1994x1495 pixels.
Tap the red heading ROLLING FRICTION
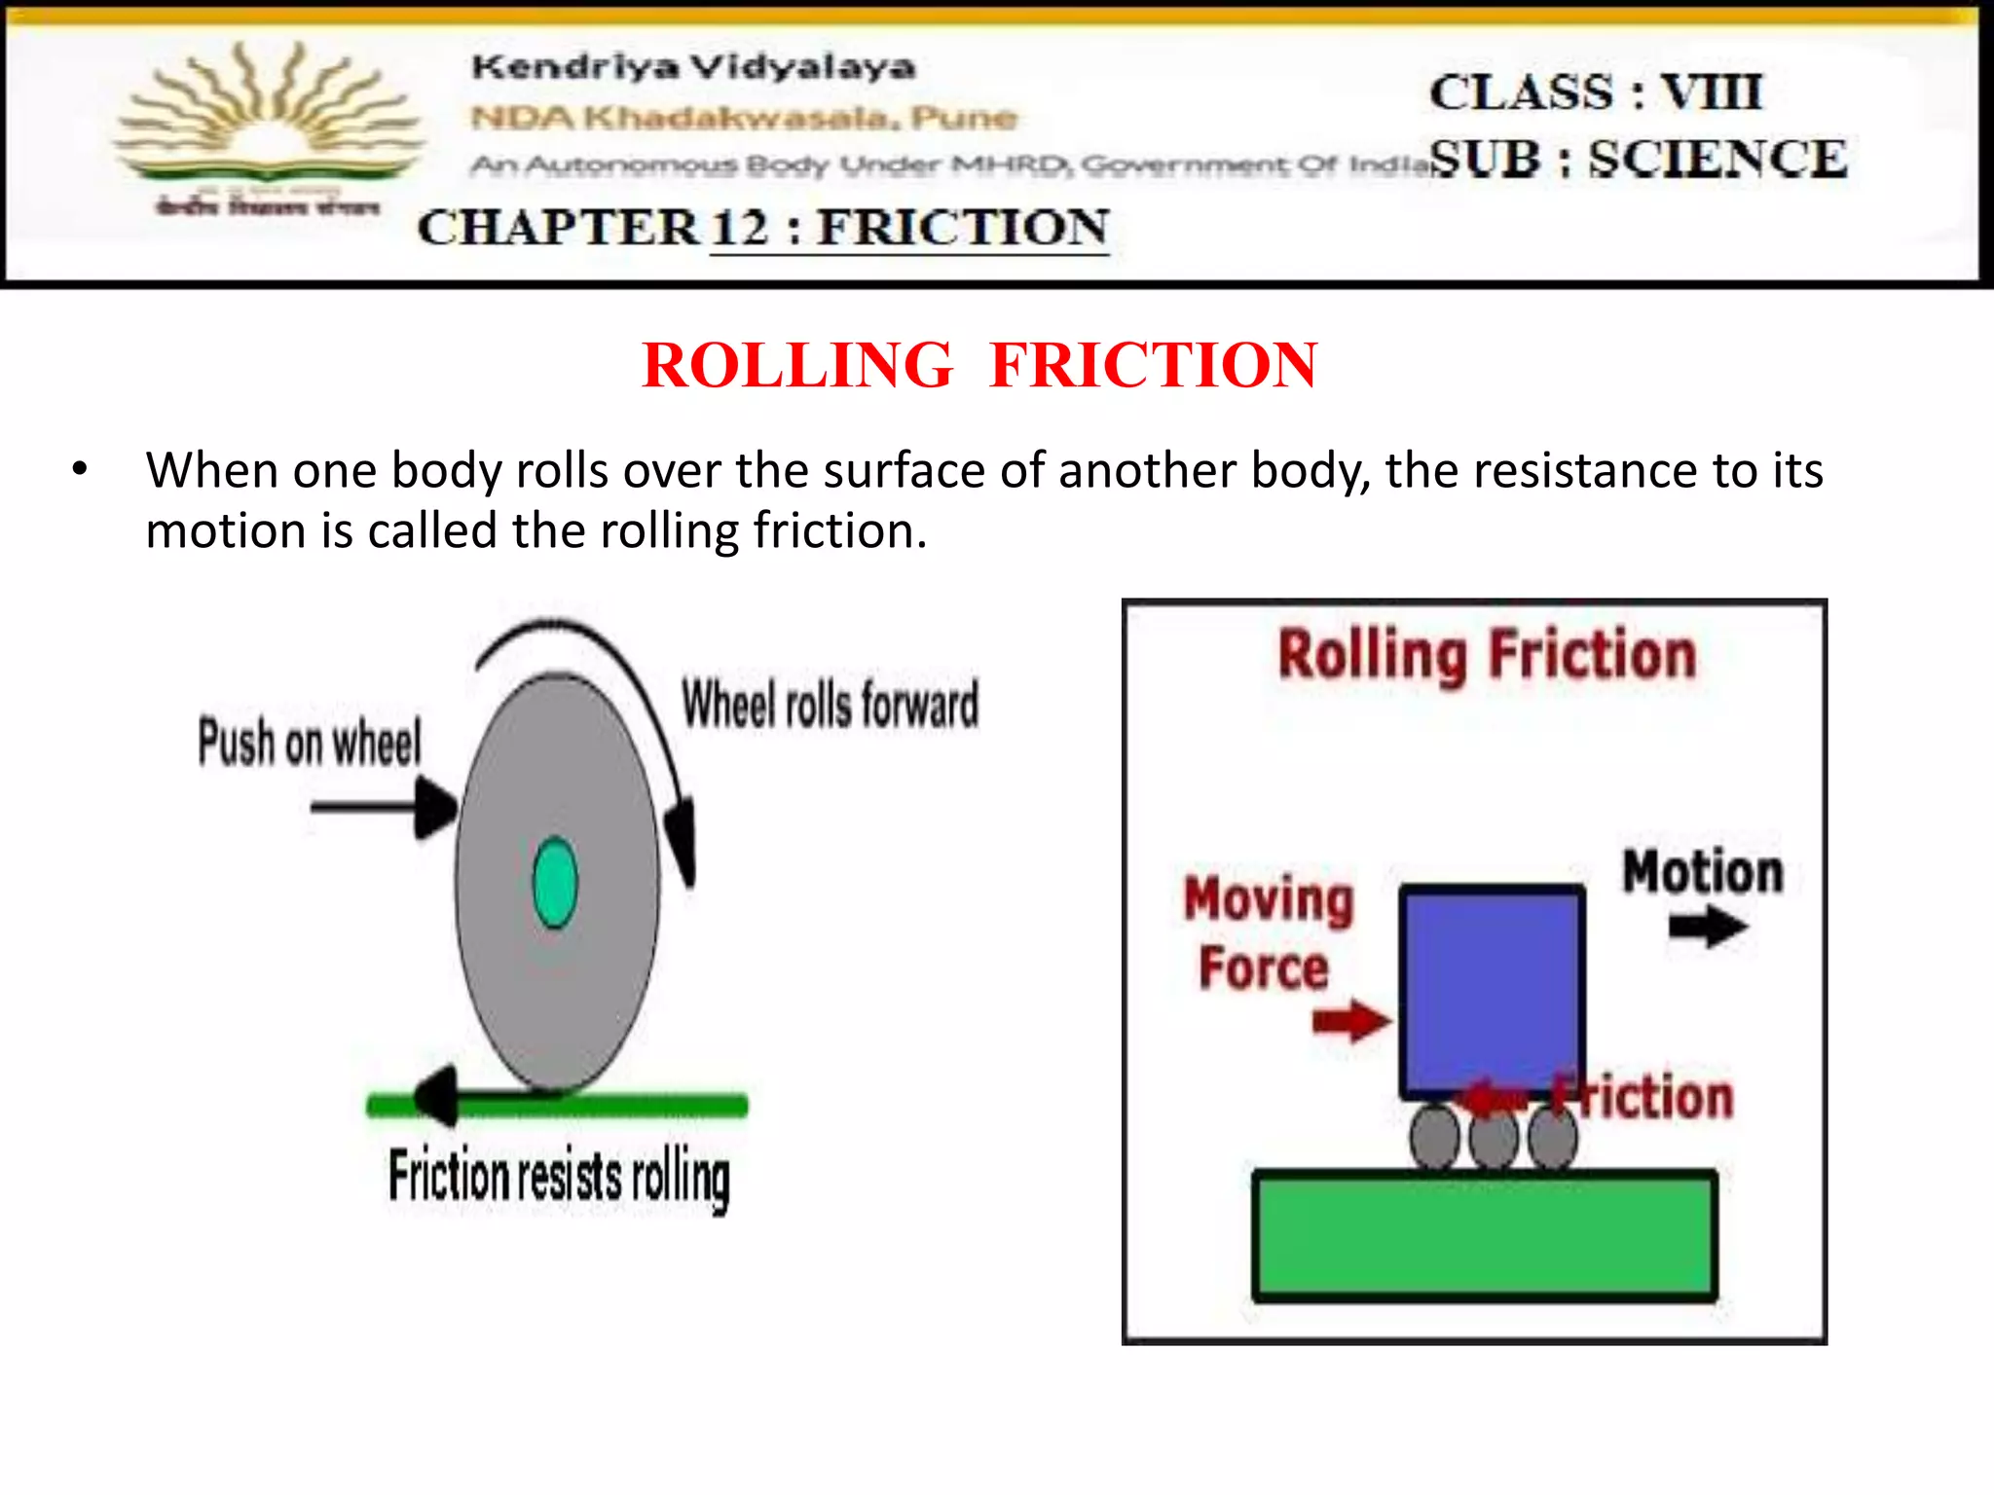[x=979, y=366]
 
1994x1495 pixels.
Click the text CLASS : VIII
[x=1596, y=93]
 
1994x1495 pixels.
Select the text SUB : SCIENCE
[x=1639, y=160]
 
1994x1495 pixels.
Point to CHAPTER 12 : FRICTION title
[x=762, y=229]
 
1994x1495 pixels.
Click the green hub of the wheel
[x=556, y=883]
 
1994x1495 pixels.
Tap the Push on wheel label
[x=310, y=742]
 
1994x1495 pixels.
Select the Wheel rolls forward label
[x=830, y=704]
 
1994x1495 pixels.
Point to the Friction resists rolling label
[x=559, y=1177]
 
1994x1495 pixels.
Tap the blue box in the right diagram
[x=1492, y=988]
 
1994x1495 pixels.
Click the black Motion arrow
[x=1708, y=927]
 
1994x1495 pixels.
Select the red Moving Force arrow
[x=1351, y=1021]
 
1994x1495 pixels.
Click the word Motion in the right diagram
[x=1703, y=871]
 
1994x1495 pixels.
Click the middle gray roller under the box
[x=1493, y=1139]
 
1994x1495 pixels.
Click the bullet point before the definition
[x=80, y=470]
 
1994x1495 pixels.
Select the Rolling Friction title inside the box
[x=1487, y=655]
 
